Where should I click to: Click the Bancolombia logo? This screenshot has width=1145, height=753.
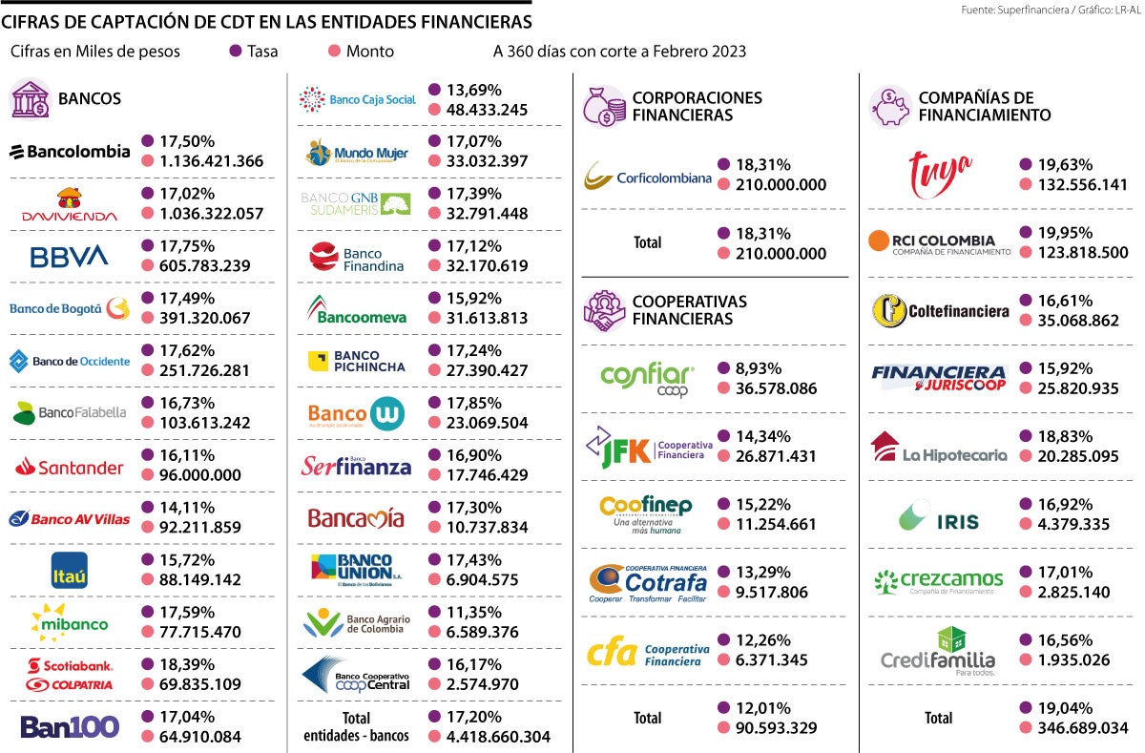pyautogui.click(x=70, y=152)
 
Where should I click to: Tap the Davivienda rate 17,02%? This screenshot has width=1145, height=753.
pyautogui.click(x=178, y=193)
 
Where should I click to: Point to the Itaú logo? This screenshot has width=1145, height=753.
pyautogui.click(x=70, y=570)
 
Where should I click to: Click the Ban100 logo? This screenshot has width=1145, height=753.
pyautogui.click(x=70, y=726)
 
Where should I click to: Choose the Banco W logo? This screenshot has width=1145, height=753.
pyautogui.click(x=356, y=413)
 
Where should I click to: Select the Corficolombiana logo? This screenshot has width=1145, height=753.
pyautogui.click(x=647, y=176)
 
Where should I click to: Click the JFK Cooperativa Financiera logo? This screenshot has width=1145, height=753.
pyautogui.click(x=647, y=447)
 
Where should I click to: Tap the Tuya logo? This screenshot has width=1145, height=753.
pyautogui.click(x=940, y=174)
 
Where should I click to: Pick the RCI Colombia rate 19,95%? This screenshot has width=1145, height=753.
pyautogui.click(x=1056, y=233)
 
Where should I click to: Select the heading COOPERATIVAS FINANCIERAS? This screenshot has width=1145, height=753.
pyautogui.click(x=689, y=310)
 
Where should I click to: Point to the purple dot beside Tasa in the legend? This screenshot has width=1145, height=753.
pyautogui.click(x=236, y=52)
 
